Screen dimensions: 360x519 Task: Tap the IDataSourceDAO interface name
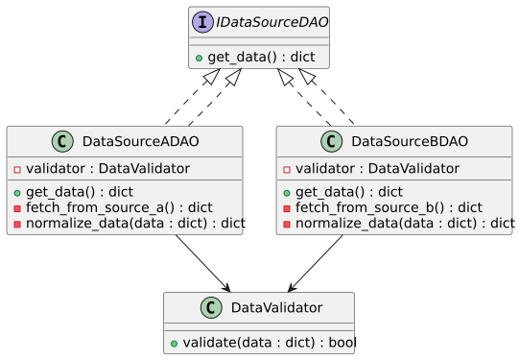(270, 22)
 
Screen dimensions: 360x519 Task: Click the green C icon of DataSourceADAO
(64, 142)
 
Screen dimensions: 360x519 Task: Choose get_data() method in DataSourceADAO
(79, 192)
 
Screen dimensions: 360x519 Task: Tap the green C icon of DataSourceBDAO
(334, 142)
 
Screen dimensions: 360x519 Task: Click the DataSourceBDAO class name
(410, 142)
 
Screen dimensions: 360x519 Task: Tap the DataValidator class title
(277, 307)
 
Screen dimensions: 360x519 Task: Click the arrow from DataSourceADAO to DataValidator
(201, 262)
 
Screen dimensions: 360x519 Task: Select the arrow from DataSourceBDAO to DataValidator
(317, 262)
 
